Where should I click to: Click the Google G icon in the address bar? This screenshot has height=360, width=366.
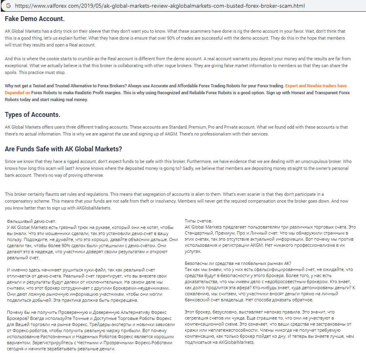(8, 6)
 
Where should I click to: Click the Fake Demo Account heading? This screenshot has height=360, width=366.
(34, 19)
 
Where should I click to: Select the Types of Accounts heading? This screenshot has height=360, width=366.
(32, 114)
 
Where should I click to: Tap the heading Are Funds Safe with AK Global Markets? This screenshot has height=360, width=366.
(63, 149)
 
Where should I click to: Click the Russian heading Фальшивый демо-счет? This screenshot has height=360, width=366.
(32, 221)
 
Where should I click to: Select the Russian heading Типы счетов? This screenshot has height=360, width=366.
(198, 221)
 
